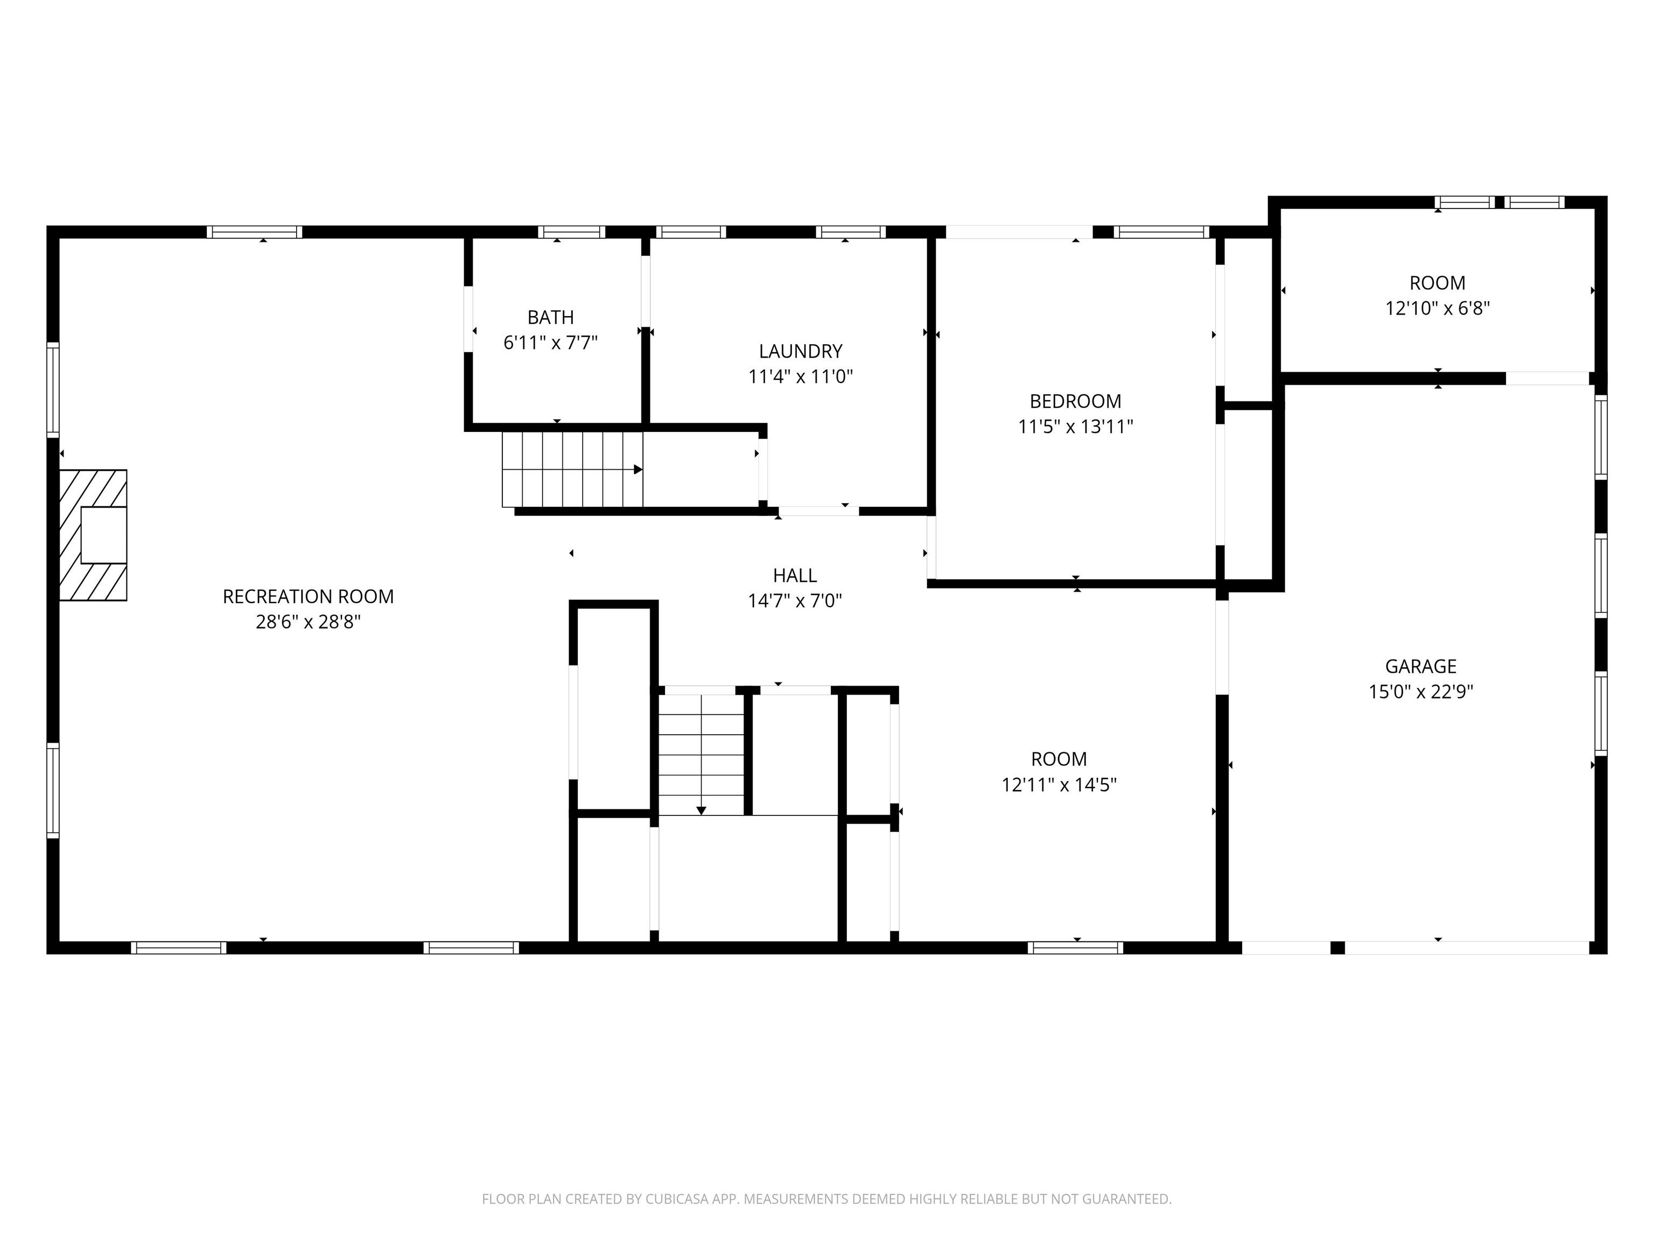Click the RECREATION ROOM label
[x=308, y=596]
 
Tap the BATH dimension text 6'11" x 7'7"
[x=550, y=343]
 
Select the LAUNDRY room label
[x=800, y=351]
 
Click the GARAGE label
[x=1421, y=666]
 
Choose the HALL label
[x=795, y=575]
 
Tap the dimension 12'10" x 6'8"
[x=1437, y=308]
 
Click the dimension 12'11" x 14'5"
[x=1059, y=785]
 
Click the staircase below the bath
[x=572, y=470]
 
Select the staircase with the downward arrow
[x=702, y=754]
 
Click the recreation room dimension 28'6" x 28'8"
[x=308, y=622]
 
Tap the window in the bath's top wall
[x=571, y=232]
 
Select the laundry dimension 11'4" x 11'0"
[x=800, y=377]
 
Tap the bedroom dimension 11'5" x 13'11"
[x=1075, y=427]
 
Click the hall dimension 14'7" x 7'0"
[x=795, y=601]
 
